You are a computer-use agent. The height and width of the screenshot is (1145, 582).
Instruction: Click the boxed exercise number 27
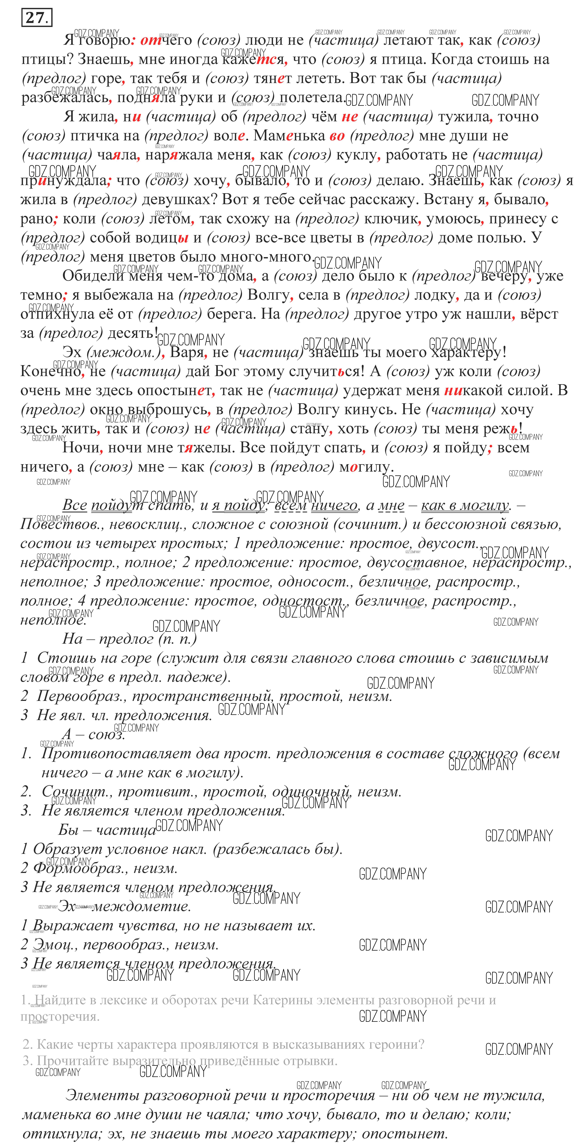36,18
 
